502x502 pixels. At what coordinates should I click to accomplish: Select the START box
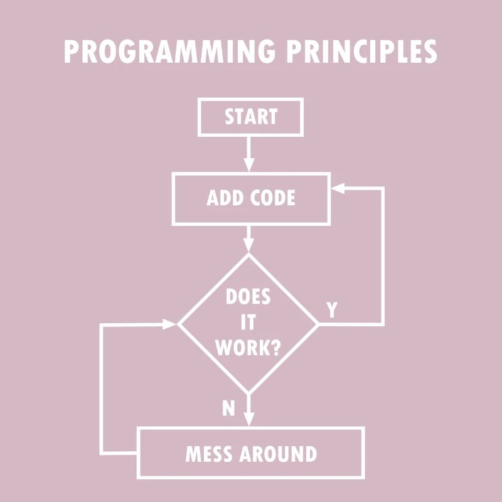pyautogui.click(x=250, y=117)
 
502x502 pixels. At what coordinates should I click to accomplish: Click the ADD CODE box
pyautogui.click(x=250, y=198)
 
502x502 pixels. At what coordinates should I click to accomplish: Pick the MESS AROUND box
pyautogui.click(x=250, y=453)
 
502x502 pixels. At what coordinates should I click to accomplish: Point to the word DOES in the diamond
pyautogui.click(x=248, y=297)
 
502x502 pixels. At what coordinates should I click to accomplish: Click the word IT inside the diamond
pyautogui.click(x=248, y=323)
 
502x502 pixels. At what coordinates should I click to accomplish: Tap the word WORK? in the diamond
pyautogui.click(x=248, y=348)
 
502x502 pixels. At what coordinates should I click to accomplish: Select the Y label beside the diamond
pyautogui.click(x=332, y=309)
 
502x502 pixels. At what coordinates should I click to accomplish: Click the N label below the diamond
pyautogui.click(x=228, y=409)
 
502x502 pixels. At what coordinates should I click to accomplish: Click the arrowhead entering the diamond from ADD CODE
pyautogui.click(x=249, y=247)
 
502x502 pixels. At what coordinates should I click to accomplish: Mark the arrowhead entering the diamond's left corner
pyautogui.click(x=171, y=324)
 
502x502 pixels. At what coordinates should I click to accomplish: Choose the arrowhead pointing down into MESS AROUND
pyautogui.click(x=249, y=420)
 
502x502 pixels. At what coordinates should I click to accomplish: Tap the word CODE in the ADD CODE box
pyautogui.click(x=272, y=198)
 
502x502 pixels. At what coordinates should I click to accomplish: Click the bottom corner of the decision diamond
pyautogui.click(x=249, y=393)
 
